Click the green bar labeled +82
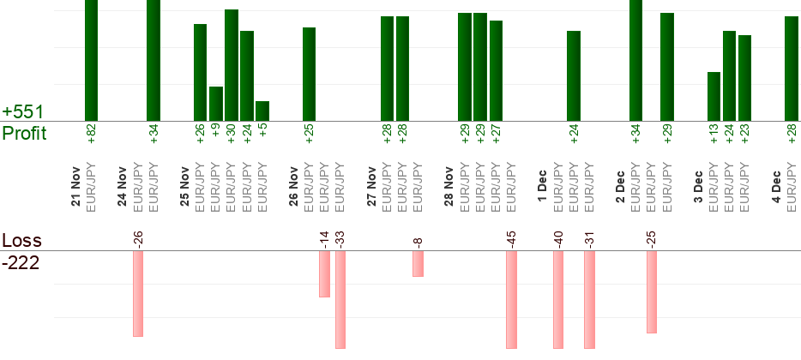(x=91, y=60)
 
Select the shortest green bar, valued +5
(x=262, y=111)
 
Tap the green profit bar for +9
(x=216, y=104)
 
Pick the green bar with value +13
(x=714, y=96)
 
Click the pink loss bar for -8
(x=418, y=264)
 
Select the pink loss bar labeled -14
(x=324, y=274)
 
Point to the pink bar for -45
(x=511, y=300)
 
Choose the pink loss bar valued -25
(x=652, y=291)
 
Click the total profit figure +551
(x=23, y=112)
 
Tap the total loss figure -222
(x=21, y=262)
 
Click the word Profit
(x=24, y=134)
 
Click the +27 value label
(x=497, y=135)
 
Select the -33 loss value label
(x=340, y=237)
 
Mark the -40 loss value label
(x=558, y=237)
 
